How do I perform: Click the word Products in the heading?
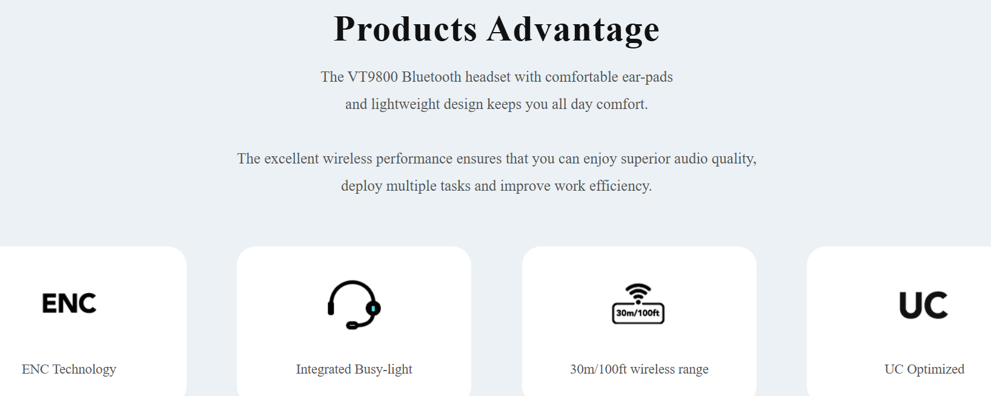click(x=405, y=29)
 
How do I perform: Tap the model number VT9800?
click(x=373, y=77)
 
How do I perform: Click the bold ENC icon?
click(x=69, y=303)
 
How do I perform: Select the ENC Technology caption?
click(x=69, y=369)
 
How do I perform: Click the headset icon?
click(x=354, y=305)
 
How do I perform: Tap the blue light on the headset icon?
click(x=373, y=308)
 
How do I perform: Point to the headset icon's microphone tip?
click(x=351, y=326)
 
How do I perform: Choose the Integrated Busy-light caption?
click(x=354, y=369)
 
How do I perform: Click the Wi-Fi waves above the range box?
click(x=638, y=292)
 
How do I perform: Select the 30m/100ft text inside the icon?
click(x=637, y=313)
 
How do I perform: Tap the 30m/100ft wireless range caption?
click(x=639, y=369)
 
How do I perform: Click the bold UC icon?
click(x=923, y=305)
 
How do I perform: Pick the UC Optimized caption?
click(x=924, y=369)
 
